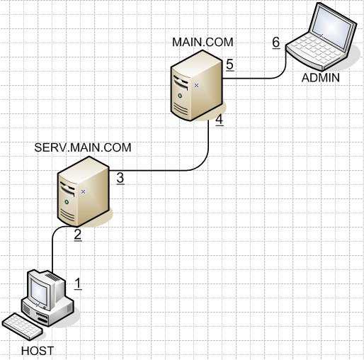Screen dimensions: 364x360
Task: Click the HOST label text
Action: (x=38, y=351)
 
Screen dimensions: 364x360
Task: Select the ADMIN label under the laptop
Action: (x=321, y=78)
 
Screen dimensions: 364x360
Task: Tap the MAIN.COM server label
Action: (x=203, y=42)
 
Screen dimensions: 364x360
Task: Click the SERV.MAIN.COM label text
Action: (x=83, y=147)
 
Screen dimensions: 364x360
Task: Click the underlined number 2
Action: (x=78, y=235)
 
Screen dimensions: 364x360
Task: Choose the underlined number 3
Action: (x=120, y=178)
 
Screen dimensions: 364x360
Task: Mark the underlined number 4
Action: (x=220, y=120)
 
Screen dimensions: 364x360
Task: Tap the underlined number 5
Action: (x=229, y=64)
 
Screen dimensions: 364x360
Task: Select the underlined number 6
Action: (x=276, y=43)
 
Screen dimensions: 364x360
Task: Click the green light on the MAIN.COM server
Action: (x=180, y=96)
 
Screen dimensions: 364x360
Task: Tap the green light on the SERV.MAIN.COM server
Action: (x=67, y=202)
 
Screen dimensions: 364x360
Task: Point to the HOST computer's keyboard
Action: (x=23, y=326)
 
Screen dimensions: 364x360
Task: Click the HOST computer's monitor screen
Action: (x=39, y=291)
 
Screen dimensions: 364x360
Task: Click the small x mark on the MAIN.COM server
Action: (x=196, y=86)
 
